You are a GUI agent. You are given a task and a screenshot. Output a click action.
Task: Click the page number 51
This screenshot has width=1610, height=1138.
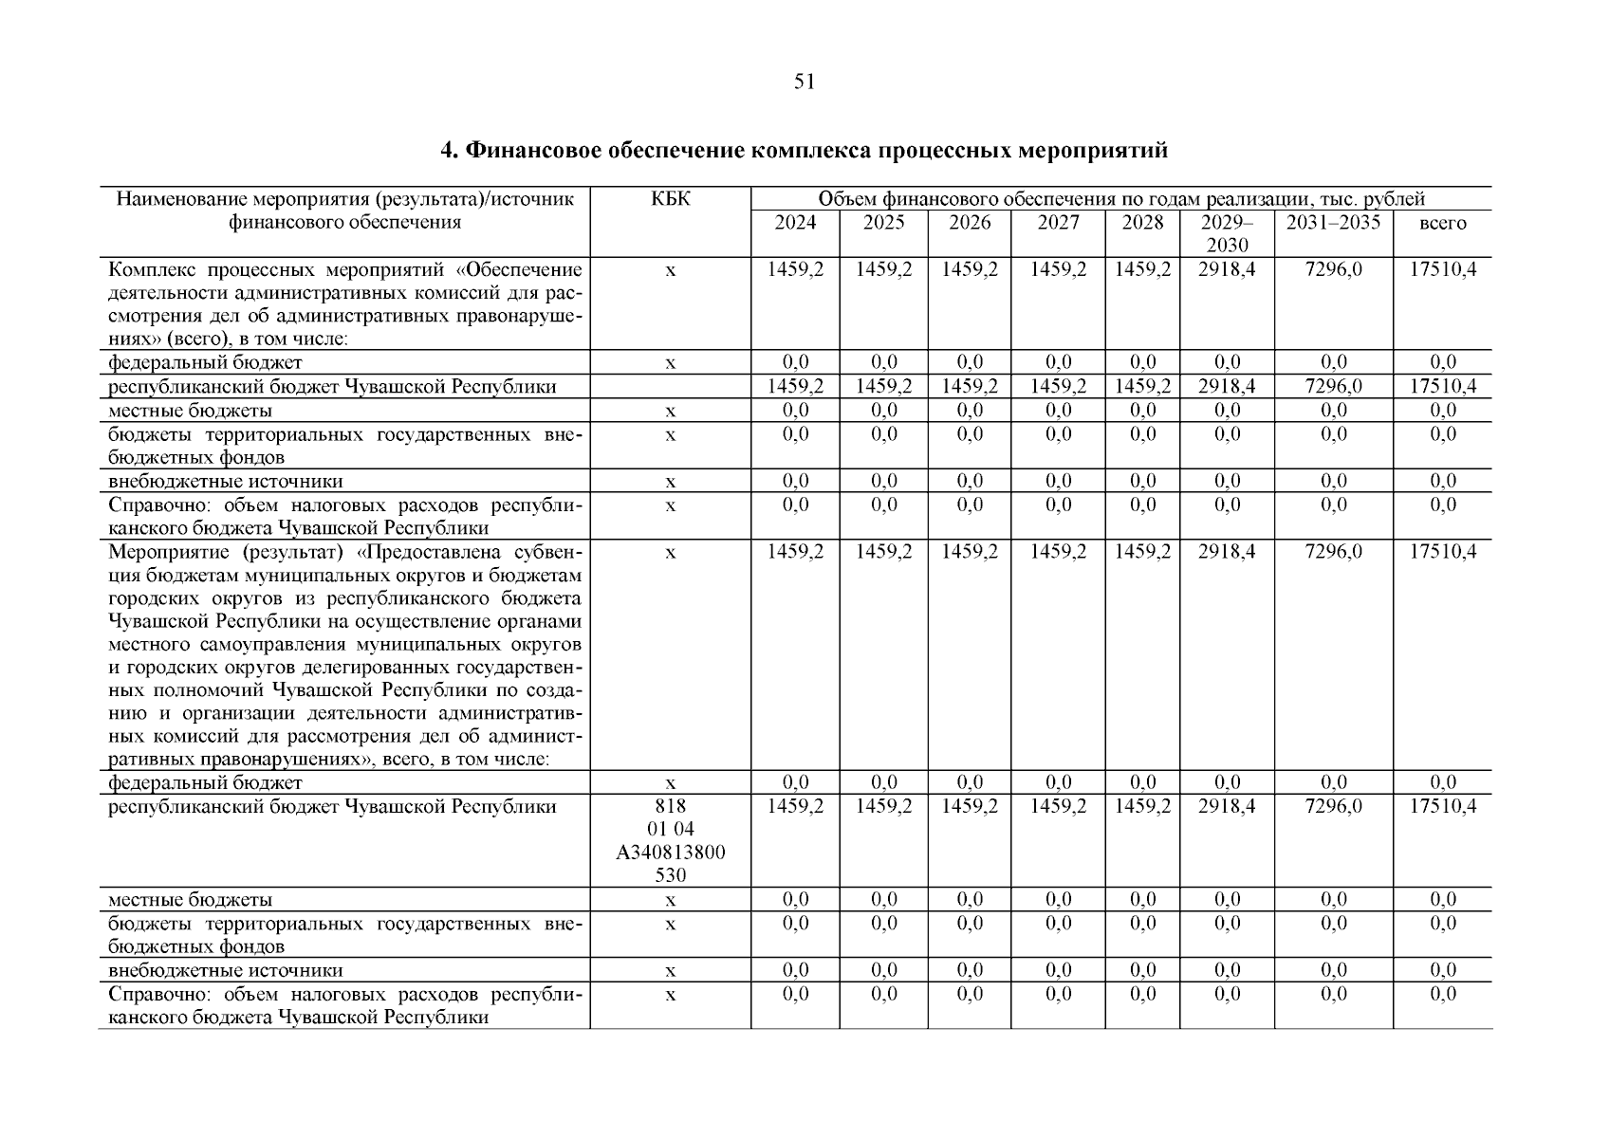804,83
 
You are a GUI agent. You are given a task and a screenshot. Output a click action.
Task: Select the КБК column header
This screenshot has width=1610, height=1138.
670,199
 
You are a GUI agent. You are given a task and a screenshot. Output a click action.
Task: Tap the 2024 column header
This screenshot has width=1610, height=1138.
795,223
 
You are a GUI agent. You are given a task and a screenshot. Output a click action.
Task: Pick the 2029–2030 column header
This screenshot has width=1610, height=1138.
1227,233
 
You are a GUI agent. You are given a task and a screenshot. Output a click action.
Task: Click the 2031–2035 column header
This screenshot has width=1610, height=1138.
1333,223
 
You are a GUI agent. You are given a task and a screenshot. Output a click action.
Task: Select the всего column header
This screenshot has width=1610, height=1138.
1442,224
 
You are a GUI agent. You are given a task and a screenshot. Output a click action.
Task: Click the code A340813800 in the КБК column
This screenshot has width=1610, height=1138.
670,853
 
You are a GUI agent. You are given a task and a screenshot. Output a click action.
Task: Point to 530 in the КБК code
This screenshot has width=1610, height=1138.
670,875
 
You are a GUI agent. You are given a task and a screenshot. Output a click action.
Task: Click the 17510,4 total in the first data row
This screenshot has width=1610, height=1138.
1442,269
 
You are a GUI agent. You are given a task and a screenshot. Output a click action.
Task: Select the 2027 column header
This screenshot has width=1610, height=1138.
1058,223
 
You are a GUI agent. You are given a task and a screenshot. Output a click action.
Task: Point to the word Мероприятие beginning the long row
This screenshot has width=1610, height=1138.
167,552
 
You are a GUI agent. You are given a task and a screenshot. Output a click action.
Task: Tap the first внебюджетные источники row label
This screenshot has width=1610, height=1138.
226,482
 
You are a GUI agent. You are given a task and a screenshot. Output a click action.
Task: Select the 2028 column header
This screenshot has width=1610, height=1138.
1142,223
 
